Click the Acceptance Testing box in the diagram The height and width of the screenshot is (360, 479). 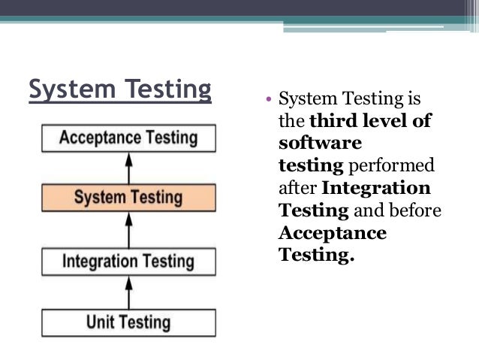[x=128, y=138]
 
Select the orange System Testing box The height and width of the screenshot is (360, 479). [x=128, y=198]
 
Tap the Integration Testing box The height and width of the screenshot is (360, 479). [x=128, y=262]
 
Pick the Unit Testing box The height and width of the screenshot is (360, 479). [x=128, y=323]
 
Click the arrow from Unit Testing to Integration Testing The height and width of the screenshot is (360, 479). [x=128, y=292]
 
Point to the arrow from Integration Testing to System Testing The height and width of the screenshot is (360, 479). [x=128, y=230]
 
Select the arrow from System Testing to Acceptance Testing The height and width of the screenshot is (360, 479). [x=128, y=168]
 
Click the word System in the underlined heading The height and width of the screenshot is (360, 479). [x=67, y=90]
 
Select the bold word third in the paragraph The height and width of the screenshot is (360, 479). [x=331, y=121]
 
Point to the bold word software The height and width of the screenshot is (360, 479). [x=320, y=143]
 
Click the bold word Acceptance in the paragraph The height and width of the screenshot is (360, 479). [x=333, y=233]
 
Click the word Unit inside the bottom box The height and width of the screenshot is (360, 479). [x=101, y=323]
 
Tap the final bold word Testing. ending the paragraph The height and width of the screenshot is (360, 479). [x=316, y=256]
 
